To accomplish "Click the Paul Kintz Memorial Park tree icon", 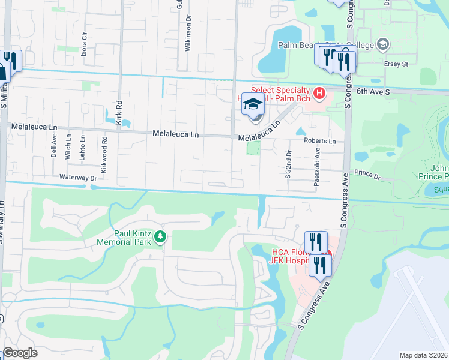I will [160, 237].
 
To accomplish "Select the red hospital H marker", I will [319, 94].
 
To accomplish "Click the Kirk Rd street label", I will [119, 112].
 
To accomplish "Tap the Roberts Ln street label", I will [319, 141].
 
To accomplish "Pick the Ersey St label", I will [396, 63].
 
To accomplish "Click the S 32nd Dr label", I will [288, 164].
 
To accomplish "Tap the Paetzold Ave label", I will [317, 164].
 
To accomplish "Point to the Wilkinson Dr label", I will [188, 35].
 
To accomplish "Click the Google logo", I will [20, 353].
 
